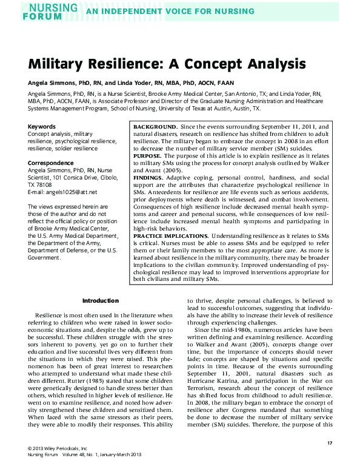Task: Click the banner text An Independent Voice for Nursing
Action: (170, 12)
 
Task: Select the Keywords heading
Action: (42, 126)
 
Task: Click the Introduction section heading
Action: (101, 301)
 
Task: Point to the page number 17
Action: (330, 445)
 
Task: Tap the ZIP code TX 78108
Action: (41, 185)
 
